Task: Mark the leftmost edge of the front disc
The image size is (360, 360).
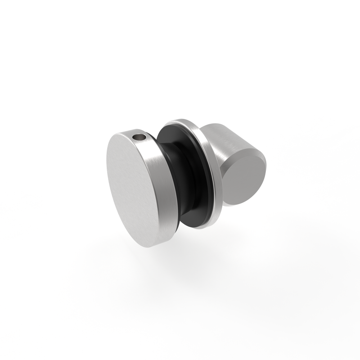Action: pos(107,171)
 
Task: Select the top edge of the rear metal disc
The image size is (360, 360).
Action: pos(180,121)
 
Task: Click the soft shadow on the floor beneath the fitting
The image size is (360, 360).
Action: pos(180,265)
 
